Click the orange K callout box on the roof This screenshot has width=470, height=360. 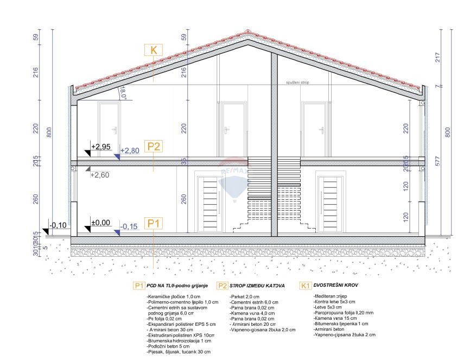(x=154, y=50)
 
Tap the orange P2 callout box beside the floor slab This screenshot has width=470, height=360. (x=154, y=146)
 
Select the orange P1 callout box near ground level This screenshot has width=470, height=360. (x=154, y=223)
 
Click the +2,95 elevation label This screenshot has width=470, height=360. (x=101, y=147)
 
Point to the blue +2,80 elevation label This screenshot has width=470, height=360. (x=130, y=150)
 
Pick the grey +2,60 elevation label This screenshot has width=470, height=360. (x=100, y=175)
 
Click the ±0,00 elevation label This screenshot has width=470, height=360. (x=100, y=222)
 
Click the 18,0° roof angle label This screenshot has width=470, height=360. (x=123, y=93)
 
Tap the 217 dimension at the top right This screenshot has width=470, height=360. (x=437, y=57)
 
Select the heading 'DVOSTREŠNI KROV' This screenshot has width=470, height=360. (x=335, y=285)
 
